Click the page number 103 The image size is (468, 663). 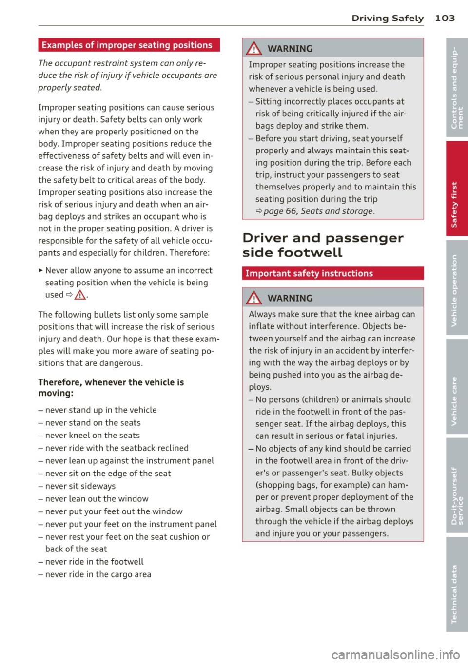pyautogui.click(x=445, y=18)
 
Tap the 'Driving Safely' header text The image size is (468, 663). pyautogui.click(x=387, y=18)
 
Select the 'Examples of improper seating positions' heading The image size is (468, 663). pyautogui.click(x=127, y=45)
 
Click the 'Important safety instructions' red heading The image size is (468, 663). pyautogui.click(x=309, y=273)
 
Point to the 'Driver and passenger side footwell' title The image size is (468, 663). pyautogui.click(x=322, y=245)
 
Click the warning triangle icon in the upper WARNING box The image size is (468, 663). pyautogui.click(x=254, y=48)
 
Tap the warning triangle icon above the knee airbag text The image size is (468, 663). pyautogui.click(x=254, y=298)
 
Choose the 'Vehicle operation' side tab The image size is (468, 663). pyautogui.click(x=456, y=288)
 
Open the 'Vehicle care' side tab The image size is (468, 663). pyautogui.click(x=456, y=387)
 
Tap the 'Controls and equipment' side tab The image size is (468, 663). pyautogui.click(x=456, y=88)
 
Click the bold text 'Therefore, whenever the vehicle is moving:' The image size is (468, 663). pyautogui.click(x=111, y=388)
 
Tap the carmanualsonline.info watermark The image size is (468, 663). pyautogui.click(x=395, y=654)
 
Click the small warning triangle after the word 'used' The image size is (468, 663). pyautogui.click(x=81, y=295)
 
